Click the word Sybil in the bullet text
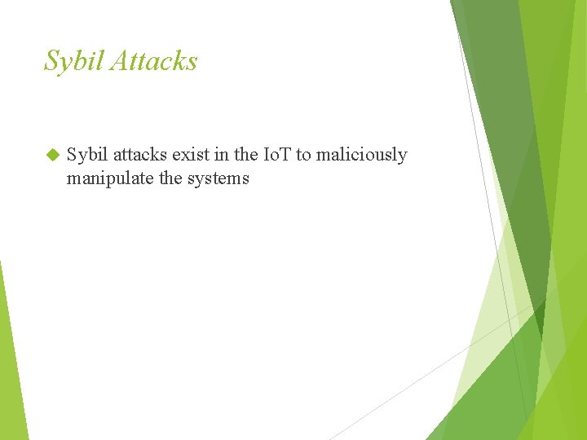click(87, 155)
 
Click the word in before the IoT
click(223, 155)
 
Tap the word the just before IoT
click(247, 155)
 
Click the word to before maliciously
click(303, 155)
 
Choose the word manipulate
click(111, 178)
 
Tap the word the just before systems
click(171, 178)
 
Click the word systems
click(218, 178)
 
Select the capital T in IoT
click(285, 155)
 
